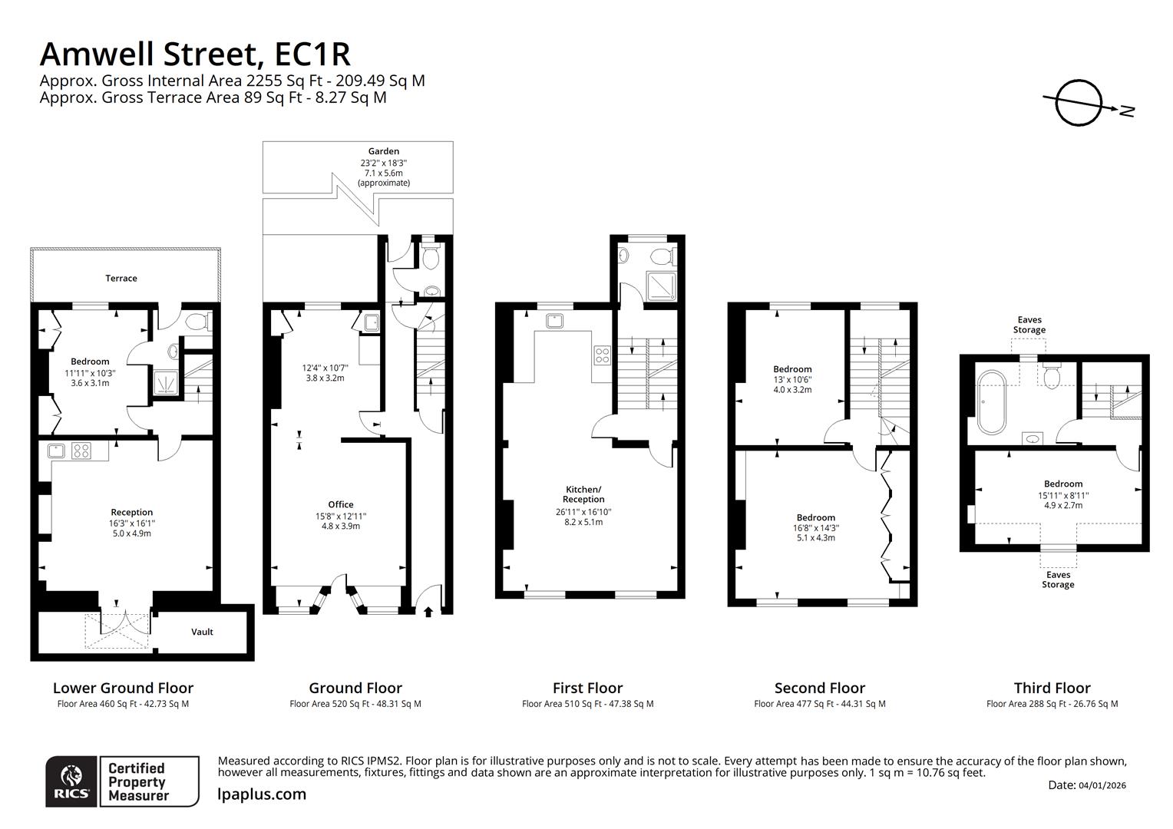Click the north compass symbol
1079,103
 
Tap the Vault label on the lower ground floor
202,632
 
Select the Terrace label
121,278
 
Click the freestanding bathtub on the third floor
988,401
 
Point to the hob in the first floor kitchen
602,355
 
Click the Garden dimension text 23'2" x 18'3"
383,163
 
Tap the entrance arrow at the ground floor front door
428,611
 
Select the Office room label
341,504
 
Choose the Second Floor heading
819,688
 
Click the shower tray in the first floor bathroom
661,285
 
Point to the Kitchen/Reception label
583,494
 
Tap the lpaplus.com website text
262,794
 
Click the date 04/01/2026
1102,785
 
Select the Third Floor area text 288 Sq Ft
1052,703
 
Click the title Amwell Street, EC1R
195,54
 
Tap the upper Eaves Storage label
1029,325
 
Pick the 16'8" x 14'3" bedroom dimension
815,528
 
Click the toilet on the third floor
1052,376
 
